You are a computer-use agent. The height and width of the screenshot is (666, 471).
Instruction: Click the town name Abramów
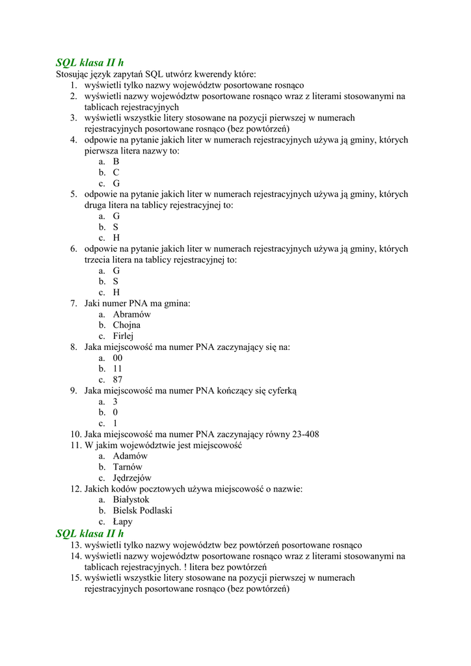[x=131, y=314]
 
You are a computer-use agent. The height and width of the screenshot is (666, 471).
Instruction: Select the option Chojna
[x=126, y=325]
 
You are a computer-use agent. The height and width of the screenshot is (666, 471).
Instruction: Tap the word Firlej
[x=123, y=336]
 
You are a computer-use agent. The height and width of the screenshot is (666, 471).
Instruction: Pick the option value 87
[x=118, y=380]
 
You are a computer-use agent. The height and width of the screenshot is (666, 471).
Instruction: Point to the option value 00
[x=118, y=358]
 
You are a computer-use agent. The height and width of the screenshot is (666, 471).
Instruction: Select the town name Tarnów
[x=128, y=467]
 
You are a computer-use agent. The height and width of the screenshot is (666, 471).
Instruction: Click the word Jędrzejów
[x=132, y=478]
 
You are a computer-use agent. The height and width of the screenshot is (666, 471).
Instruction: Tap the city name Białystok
[x=131, y=499]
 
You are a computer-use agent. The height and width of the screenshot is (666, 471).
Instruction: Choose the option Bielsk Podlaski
[x=142, y=511]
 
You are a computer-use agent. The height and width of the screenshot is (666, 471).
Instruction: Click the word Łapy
[x=122, y=522]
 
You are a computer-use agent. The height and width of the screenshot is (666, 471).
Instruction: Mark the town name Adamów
[x=130, y=456]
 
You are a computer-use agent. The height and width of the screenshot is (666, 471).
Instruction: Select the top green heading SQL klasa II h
[x=89, y=62]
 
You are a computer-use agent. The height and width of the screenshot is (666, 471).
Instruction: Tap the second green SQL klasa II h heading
[x=89, y=534]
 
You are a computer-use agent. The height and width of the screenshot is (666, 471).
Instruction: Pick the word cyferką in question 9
[x=280, y=391]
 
